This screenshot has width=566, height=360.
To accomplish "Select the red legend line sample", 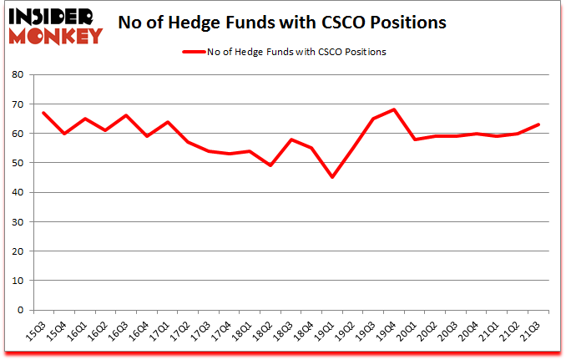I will click(x=193, y=52).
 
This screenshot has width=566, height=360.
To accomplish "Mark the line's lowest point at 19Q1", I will click(x=332, y=177).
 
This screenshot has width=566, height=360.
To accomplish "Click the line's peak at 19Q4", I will click(x=394, y=109).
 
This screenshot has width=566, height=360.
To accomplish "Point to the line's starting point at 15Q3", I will click(x=43, y=113).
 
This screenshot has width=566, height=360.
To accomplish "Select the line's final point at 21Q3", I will click(x=538, y=124).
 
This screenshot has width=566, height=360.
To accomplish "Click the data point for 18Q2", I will click(x=270, y=165).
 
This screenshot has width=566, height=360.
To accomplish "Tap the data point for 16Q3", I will click(x=126, y=115).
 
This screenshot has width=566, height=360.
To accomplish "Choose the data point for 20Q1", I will click(x=415, y=139).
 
